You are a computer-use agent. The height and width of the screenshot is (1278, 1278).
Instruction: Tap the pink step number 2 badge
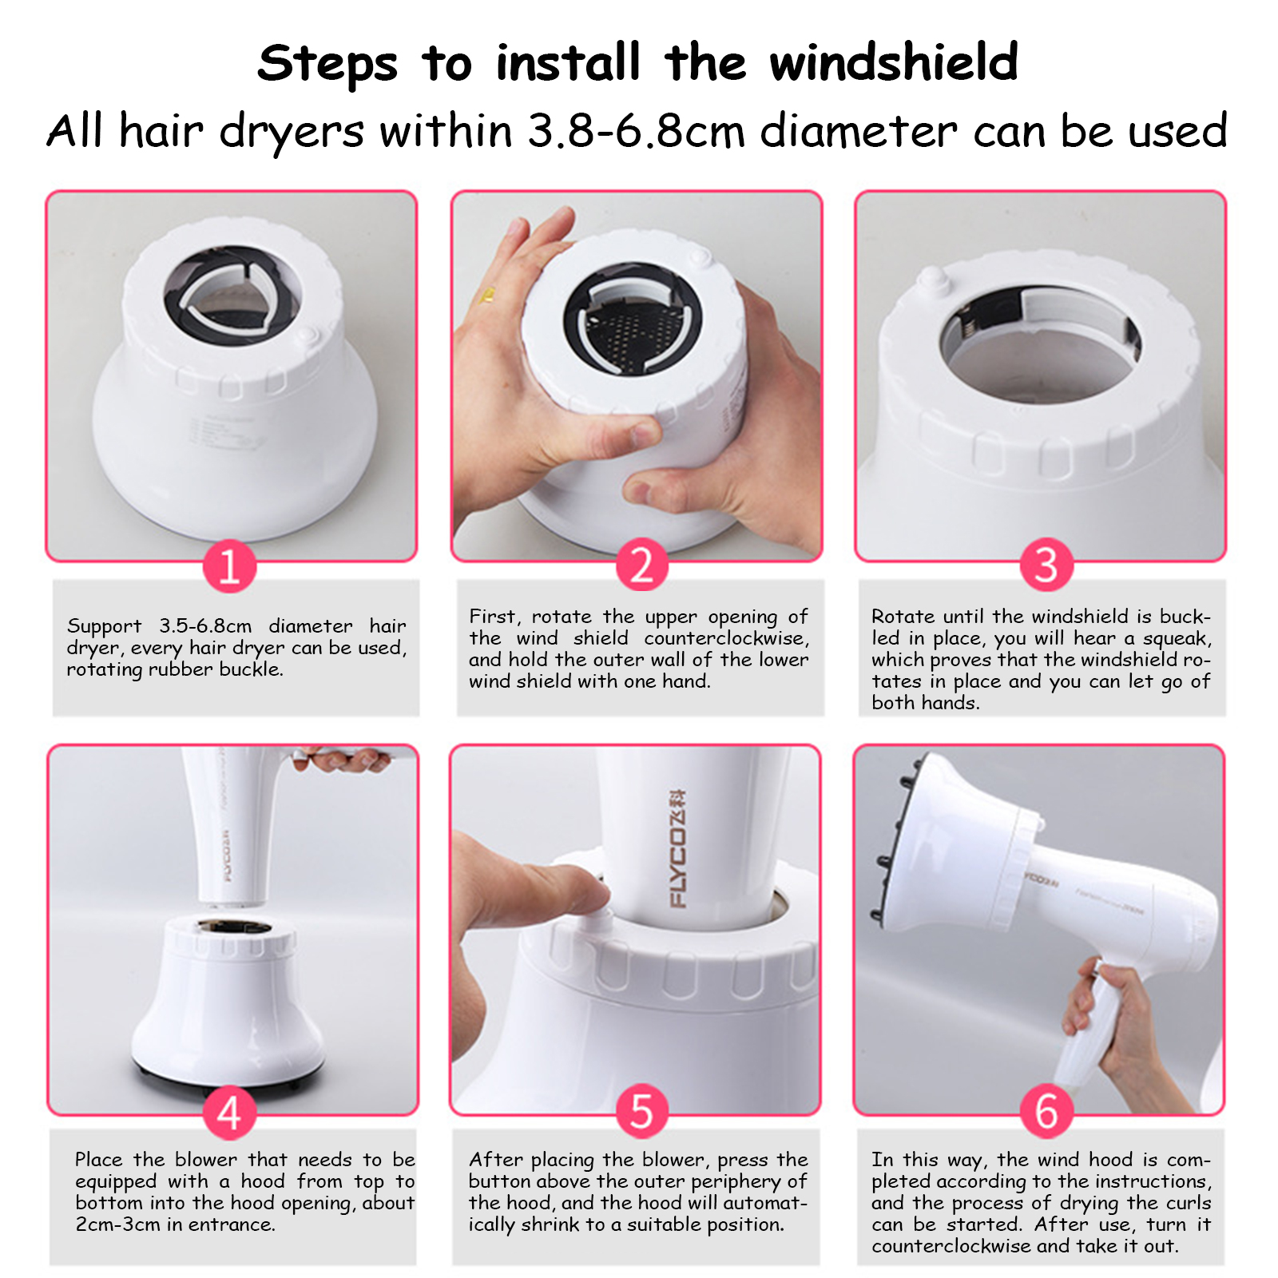coord(641,566)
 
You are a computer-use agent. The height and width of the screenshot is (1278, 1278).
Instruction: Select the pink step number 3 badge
coord(1046,565)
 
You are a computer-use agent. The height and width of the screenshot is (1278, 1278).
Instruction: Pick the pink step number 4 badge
coord(229,1113)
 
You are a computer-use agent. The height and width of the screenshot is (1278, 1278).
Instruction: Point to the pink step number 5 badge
coord(641,1111)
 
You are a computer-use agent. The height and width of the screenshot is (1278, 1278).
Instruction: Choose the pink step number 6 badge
coord(1046,1111)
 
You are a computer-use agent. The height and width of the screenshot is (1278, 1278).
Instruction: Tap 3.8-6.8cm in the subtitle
coord(637,131)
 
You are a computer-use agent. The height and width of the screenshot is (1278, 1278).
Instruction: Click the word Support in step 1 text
coord(104,626)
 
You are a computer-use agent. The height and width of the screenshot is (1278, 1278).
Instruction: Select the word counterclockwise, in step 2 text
coord(727,639)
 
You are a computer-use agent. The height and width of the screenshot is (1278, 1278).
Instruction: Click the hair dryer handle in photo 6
coord(1090,1030)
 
